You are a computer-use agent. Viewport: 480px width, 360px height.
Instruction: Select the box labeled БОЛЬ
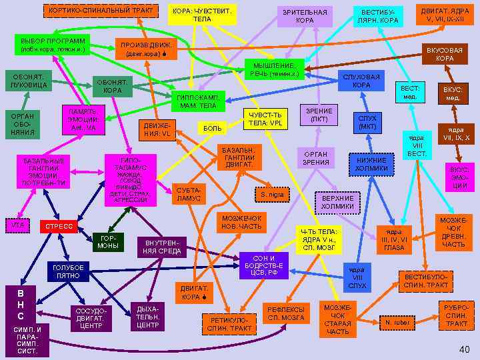[213, 127]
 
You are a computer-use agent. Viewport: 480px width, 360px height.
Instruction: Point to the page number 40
[464, 350]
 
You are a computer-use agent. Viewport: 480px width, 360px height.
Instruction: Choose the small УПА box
[17, 225]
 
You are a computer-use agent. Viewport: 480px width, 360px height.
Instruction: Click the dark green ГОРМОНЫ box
[109, 242]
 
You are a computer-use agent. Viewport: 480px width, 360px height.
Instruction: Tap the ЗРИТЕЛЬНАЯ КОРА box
[305, 16]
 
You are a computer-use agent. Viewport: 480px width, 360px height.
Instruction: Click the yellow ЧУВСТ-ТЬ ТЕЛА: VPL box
[265, 119]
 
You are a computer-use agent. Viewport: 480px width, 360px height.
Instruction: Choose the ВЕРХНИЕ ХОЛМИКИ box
[337, 203]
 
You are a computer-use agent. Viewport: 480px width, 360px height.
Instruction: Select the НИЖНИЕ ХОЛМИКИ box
[371, 164]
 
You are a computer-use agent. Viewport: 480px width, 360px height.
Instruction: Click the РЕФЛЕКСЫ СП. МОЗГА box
[286, 313]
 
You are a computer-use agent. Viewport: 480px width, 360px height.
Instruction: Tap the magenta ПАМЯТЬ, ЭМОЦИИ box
[83, 119]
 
